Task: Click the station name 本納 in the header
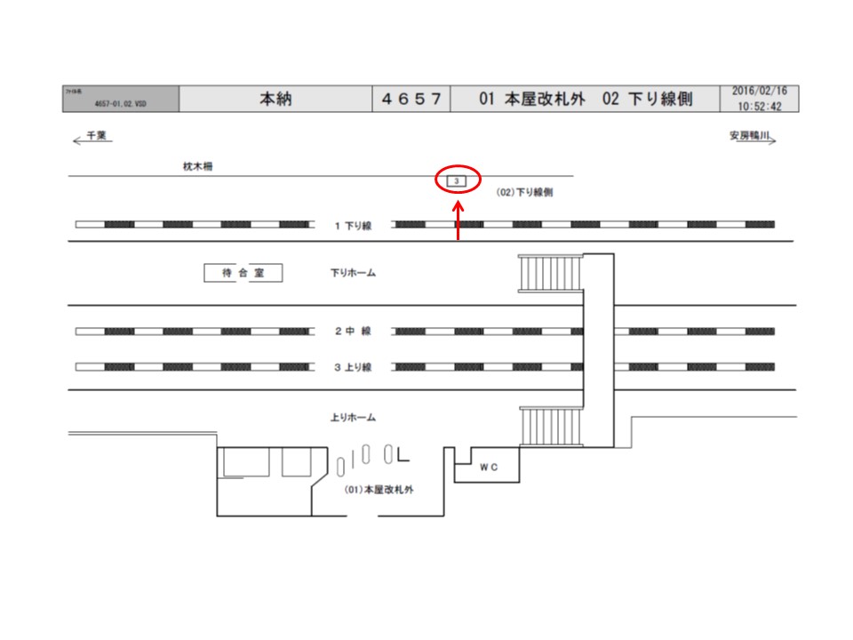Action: [275, 99]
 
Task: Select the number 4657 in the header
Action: [411, 99]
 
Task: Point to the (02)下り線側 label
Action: [526, 192]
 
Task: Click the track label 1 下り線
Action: [353, 226]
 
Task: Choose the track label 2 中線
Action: [353, 332]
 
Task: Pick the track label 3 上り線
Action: [353, 366]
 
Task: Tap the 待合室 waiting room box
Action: [243, 273]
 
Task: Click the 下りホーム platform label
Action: [353, 273]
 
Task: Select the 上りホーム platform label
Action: [353, 417]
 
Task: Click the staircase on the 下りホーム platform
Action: [550, 273]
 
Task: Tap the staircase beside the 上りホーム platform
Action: [550, 428]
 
